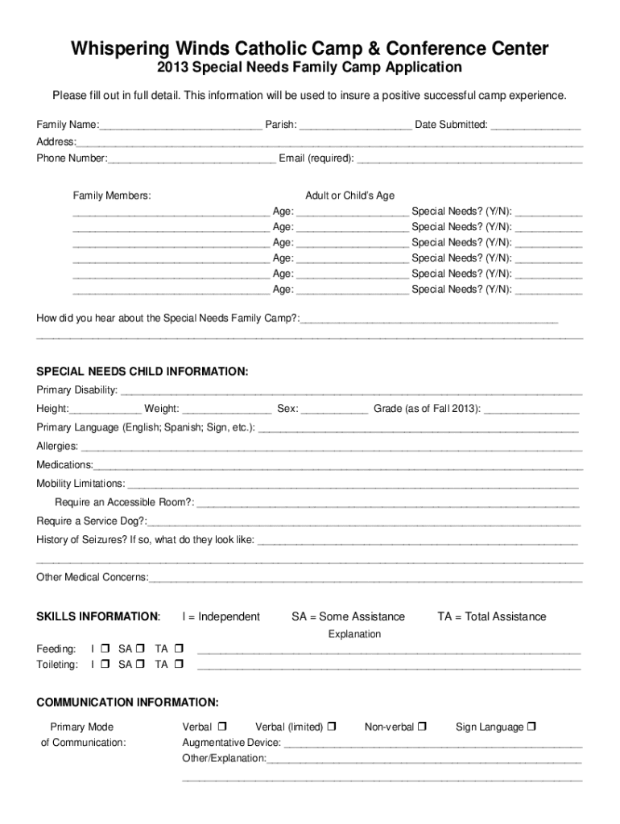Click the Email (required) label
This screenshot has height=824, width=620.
[x=316, y=158]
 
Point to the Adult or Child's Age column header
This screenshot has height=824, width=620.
[x=349, y=196]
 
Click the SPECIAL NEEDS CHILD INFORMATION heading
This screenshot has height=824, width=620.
[x=142, y=372]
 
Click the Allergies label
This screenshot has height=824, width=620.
[x=57, y=446]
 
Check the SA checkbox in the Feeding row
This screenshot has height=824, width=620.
[x=141, y=649]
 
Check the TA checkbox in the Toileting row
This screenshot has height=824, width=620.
[x=179, y=665]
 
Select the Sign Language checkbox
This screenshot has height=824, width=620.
[x=531, y=727]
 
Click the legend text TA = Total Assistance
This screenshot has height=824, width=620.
[x=491, y=616]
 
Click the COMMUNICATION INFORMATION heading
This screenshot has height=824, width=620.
[x=127, y=702]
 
